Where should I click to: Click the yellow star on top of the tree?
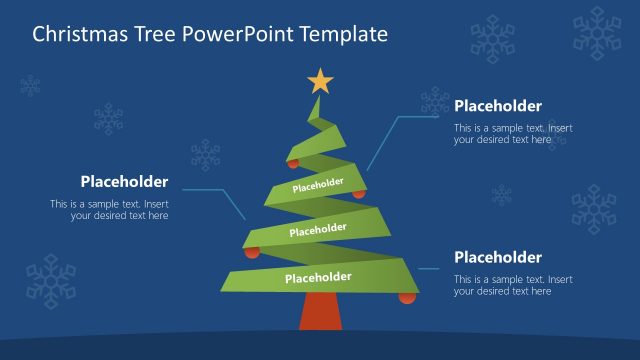(319, 80)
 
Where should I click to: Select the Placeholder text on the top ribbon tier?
(318, 185)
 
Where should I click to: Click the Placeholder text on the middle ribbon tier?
(318, 230)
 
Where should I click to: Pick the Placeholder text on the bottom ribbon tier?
(318, 277)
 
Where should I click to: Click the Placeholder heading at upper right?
(498, 106)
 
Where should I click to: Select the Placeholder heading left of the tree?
(124, 182)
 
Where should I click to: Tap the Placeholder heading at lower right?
(498, 257)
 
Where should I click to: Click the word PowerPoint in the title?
(229, 34)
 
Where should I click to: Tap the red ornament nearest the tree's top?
(293, 162)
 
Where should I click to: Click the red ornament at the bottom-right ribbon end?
(407, 297)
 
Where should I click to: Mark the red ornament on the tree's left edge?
(252, 252)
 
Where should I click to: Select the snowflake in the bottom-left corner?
(50, 279)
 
